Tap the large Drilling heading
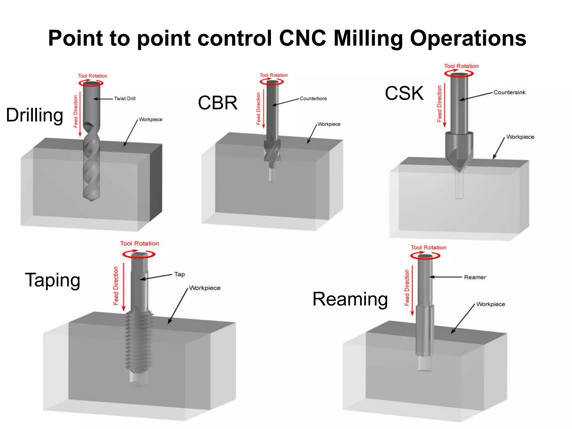pos(35,115)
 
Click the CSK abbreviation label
pos(404,93)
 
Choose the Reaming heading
pos(350,299)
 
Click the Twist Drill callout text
pos(125,99)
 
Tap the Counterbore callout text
pos(313,99)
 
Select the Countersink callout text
pos(509,92)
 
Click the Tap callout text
pos(180,274)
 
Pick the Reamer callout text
pos(475,277)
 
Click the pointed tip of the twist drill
pos(91,199)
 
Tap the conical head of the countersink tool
pos(459,156)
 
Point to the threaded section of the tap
pos(139,341)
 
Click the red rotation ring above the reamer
pos(425,256)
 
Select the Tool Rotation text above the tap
pos(139,244)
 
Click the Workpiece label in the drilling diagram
pos(151,120)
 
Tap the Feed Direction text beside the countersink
pos(439,104)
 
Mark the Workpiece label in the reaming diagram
pos(490,304)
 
